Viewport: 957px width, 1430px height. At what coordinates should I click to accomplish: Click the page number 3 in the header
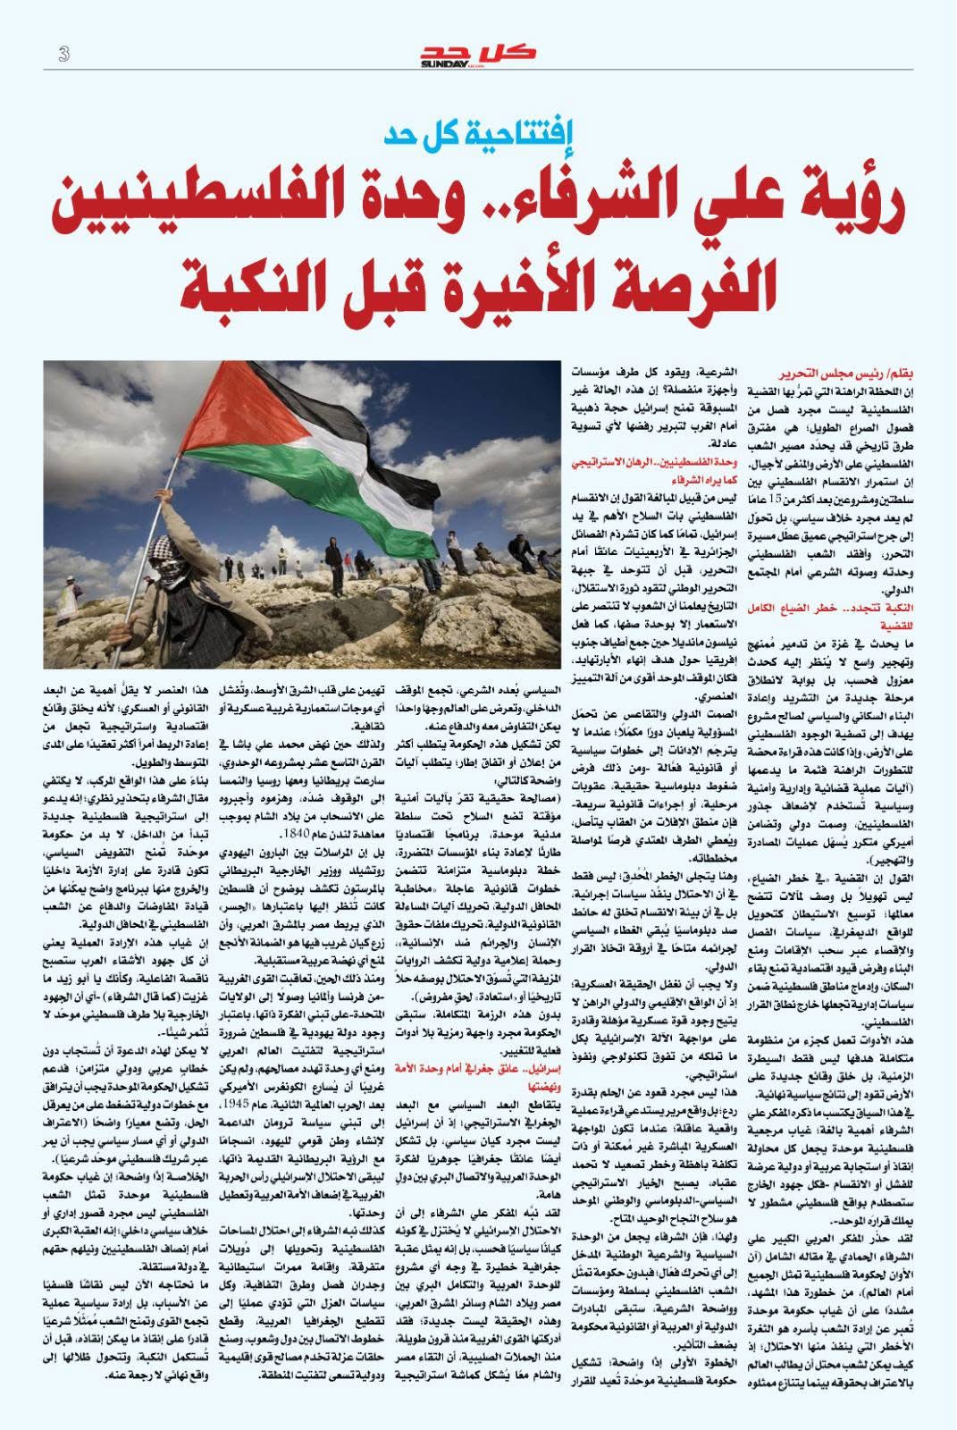coord(63,55)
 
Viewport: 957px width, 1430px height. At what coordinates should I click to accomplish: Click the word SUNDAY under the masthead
coord(444,64)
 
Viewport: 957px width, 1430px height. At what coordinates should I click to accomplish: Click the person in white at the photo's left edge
coord(57,582)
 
